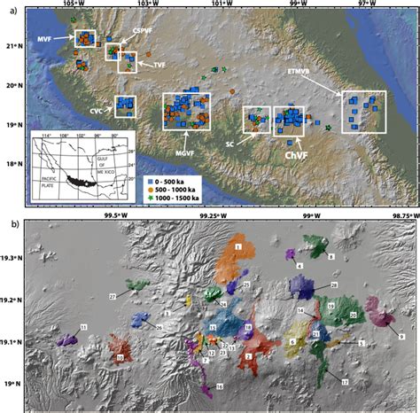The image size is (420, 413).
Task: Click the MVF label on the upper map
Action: coord(45,40)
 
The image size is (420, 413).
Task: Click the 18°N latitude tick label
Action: coord(12,164)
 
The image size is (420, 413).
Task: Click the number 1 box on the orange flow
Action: coord(238,245)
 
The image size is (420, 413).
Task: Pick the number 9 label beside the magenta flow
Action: coord(401,337)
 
